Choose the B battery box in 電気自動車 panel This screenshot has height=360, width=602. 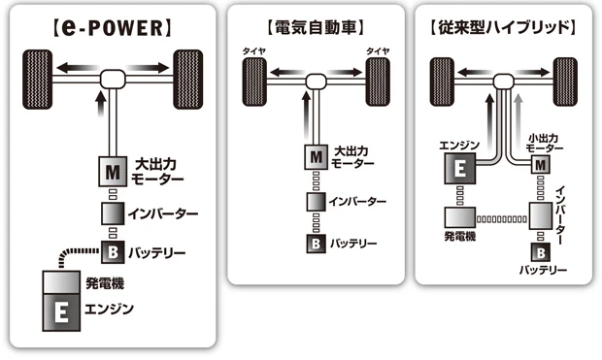click(x=316, y=241)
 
